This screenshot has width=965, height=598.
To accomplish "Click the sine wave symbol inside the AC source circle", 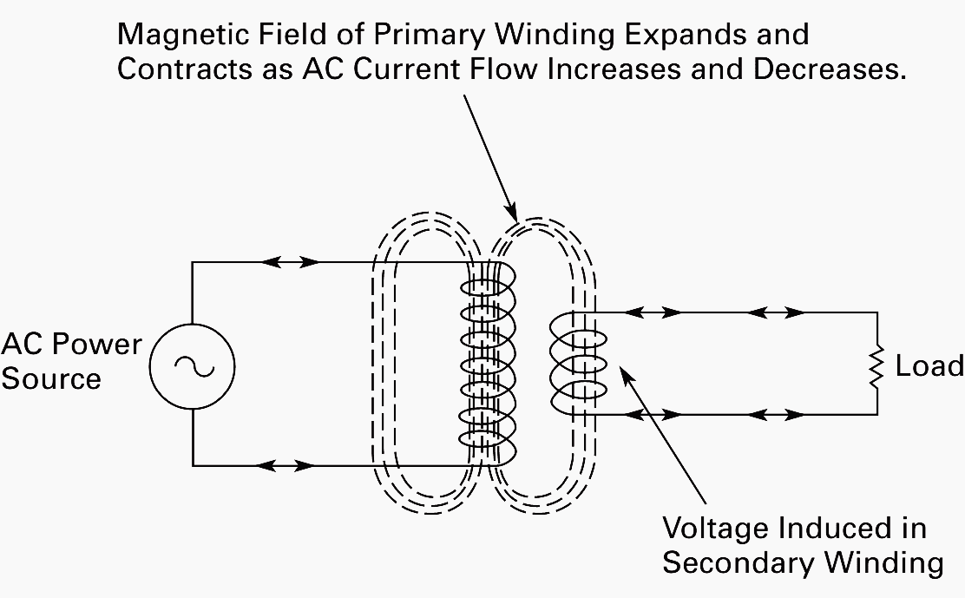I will point(193,365).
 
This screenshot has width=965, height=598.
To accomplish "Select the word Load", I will point(929,366).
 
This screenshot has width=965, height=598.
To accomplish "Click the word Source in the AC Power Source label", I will point(51,379).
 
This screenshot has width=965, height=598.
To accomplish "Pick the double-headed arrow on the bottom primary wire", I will point(285,466).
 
